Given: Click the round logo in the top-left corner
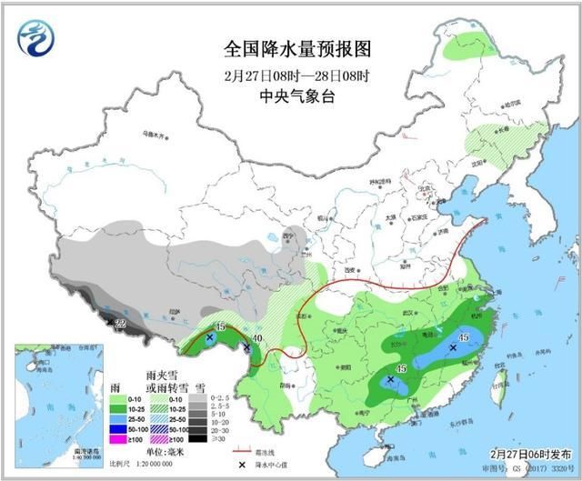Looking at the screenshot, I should [35, 37].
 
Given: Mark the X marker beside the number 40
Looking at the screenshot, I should [246, 346].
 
